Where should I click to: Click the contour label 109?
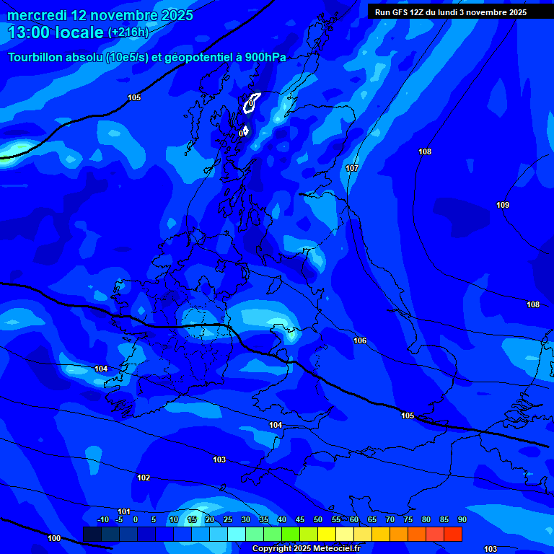(503, 206)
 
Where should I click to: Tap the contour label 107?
(352, 168)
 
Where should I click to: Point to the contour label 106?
(360, 340)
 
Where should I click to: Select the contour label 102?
(144, 478)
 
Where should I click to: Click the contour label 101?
(124, 511)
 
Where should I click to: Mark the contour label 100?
(54, 538)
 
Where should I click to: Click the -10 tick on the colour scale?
(102, 520)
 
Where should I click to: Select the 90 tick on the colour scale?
(462, 520)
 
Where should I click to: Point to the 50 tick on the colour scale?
(318, 520)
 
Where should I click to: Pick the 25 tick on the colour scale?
(228, 520)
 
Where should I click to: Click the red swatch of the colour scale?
(453, 534)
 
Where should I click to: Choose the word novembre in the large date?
(126, 15)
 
